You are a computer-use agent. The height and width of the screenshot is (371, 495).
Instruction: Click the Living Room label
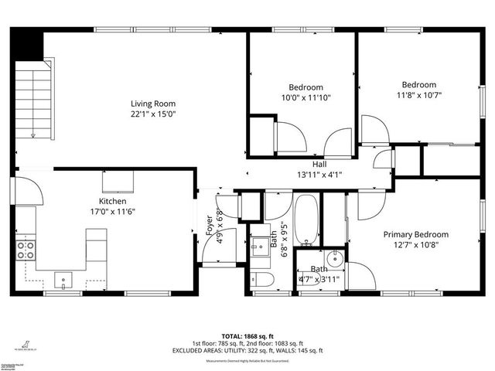pyautogui.click(x=153, y=104)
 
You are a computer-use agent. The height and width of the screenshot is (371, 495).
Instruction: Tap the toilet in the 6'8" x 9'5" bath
pyautogui.click(x=259, y=279)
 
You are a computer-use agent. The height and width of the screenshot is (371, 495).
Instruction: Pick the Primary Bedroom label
pyautogui.click(x=415, y=234)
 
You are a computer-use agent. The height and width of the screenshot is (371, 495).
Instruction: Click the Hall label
pyautogui.click(x=319, y=165)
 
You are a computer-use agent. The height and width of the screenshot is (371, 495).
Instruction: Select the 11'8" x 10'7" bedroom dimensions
pyautogui.click(x=418, y=95)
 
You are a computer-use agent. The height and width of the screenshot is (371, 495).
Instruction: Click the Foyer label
pyautogui.click(x=209, y=225)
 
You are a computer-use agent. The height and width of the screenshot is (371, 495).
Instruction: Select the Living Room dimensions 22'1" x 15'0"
pyautogui.click(x=153, y=114)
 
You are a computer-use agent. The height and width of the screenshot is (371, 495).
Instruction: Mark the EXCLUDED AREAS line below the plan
pyautogui.click(x=247, y=350)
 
